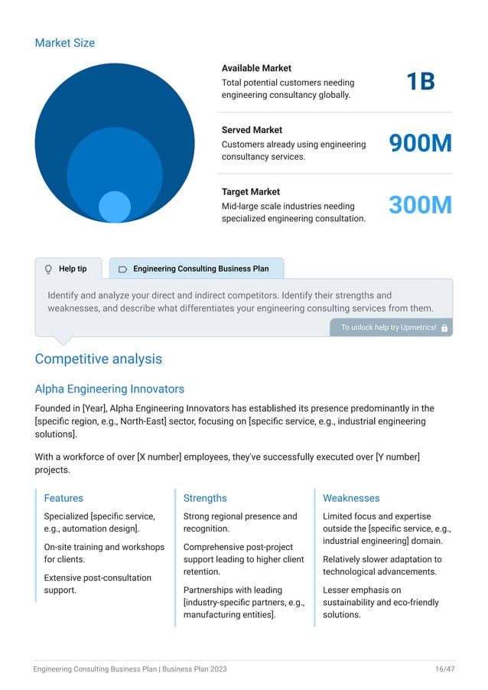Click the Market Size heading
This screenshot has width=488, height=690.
point(65,43)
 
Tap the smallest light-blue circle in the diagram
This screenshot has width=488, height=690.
point(115,207)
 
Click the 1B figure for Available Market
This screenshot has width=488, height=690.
point(420,81)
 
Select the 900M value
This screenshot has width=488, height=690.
point(420,143)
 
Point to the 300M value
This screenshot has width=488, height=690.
point(420,205)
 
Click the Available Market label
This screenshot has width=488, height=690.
point(256,68)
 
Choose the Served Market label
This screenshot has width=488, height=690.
point(252,130)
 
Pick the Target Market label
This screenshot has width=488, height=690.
point(251,192)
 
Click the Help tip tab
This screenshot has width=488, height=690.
point(72,269)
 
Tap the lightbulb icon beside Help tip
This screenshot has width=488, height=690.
point(48,269)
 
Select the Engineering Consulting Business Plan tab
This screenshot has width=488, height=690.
point(200,269)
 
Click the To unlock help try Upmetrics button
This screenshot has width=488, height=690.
point(389,327)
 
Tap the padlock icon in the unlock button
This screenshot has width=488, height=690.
point(444,327)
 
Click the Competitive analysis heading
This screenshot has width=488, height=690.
point(98,359)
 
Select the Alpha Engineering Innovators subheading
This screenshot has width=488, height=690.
point(109,389)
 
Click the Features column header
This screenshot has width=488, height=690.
point(63,498)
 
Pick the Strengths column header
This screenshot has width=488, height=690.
point(205,498)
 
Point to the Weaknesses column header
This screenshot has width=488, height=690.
point(351,498)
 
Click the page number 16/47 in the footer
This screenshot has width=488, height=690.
point(444,669)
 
